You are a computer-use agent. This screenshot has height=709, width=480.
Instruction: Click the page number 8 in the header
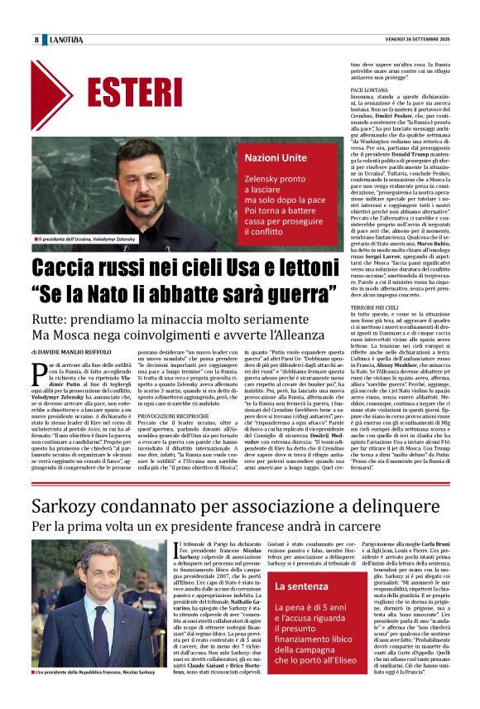(x=36, y=41)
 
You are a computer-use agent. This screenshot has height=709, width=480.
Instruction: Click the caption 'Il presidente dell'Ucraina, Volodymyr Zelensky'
(x=85, y=239)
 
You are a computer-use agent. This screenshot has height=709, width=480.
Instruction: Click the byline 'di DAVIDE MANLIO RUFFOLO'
(x=83, y=354)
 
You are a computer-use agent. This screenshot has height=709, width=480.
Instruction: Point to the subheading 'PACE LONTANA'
(x=372, y=88)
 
